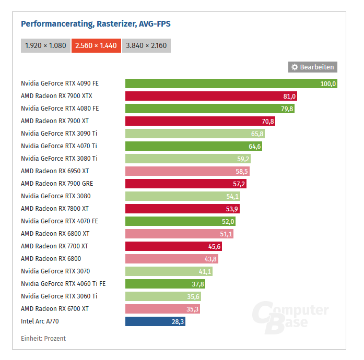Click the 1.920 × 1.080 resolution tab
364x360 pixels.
click(x=45, y=45)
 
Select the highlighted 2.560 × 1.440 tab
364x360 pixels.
click(x=97, y=45)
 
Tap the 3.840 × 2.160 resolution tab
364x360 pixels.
click(x=146, y=45)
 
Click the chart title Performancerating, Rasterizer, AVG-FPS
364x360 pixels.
click(x=96, y=23)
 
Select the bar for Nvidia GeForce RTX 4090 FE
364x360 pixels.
click(x=230, y=83)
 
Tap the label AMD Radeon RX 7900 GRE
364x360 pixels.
click(x=57, y=184)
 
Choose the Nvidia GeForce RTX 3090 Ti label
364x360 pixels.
click(x=59, y=134)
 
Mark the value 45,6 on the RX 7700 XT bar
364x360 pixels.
click(x=215, y=246)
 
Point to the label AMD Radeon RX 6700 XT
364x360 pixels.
click(x=55, y=309)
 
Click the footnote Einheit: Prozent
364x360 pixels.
click(x=43, y=339)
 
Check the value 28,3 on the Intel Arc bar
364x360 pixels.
click(x=178, y=321)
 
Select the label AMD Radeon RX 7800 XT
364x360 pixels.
click(x=55, y=209)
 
